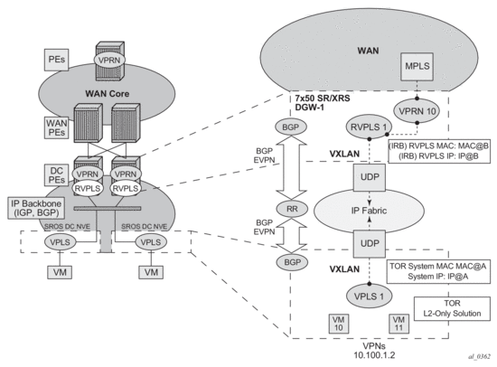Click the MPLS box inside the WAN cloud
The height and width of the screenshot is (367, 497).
(417, 66)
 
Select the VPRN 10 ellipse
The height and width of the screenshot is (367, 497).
(417, 111)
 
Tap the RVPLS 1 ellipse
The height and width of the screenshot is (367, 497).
(369, 127)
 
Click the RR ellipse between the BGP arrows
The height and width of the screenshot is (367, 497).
(292, 209)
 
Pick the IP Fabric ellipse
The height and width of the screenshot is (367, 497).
(369, 211)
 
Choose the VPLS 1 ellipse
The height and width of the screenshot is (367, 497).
(369, 296)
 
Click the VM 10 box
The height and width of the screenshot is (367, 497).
(339, 324)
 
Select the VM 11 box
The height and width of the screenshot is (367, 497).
(399, 324)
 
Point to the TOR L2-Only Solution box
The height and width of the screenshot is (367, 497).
(452, 308)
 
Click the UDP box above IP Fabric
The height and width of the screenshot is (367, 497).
(370, 177)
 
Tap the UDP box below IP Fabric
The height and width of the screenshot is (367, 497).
(370, 243)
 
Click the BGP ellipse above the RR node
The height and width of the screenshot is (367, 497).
(290, 127)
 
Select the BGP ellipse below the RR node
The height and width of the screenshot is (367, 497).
(292, 262)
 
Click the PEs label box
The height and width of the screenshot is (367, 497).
(56, 60)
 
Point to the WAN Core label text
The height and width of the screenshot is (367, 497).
(108, 94)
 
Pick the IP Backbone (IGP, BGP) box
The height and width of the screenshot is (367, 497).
(35, 208)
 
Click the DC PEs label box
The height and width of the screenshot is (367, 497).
(56, 175)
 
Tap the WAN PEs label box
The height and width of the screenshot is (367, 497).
(56, 127)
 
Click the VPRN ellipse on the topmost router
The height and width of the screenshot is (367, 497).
(109, 60)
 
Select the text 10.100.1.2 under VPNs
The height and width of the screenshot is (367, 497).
(374, 355)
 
